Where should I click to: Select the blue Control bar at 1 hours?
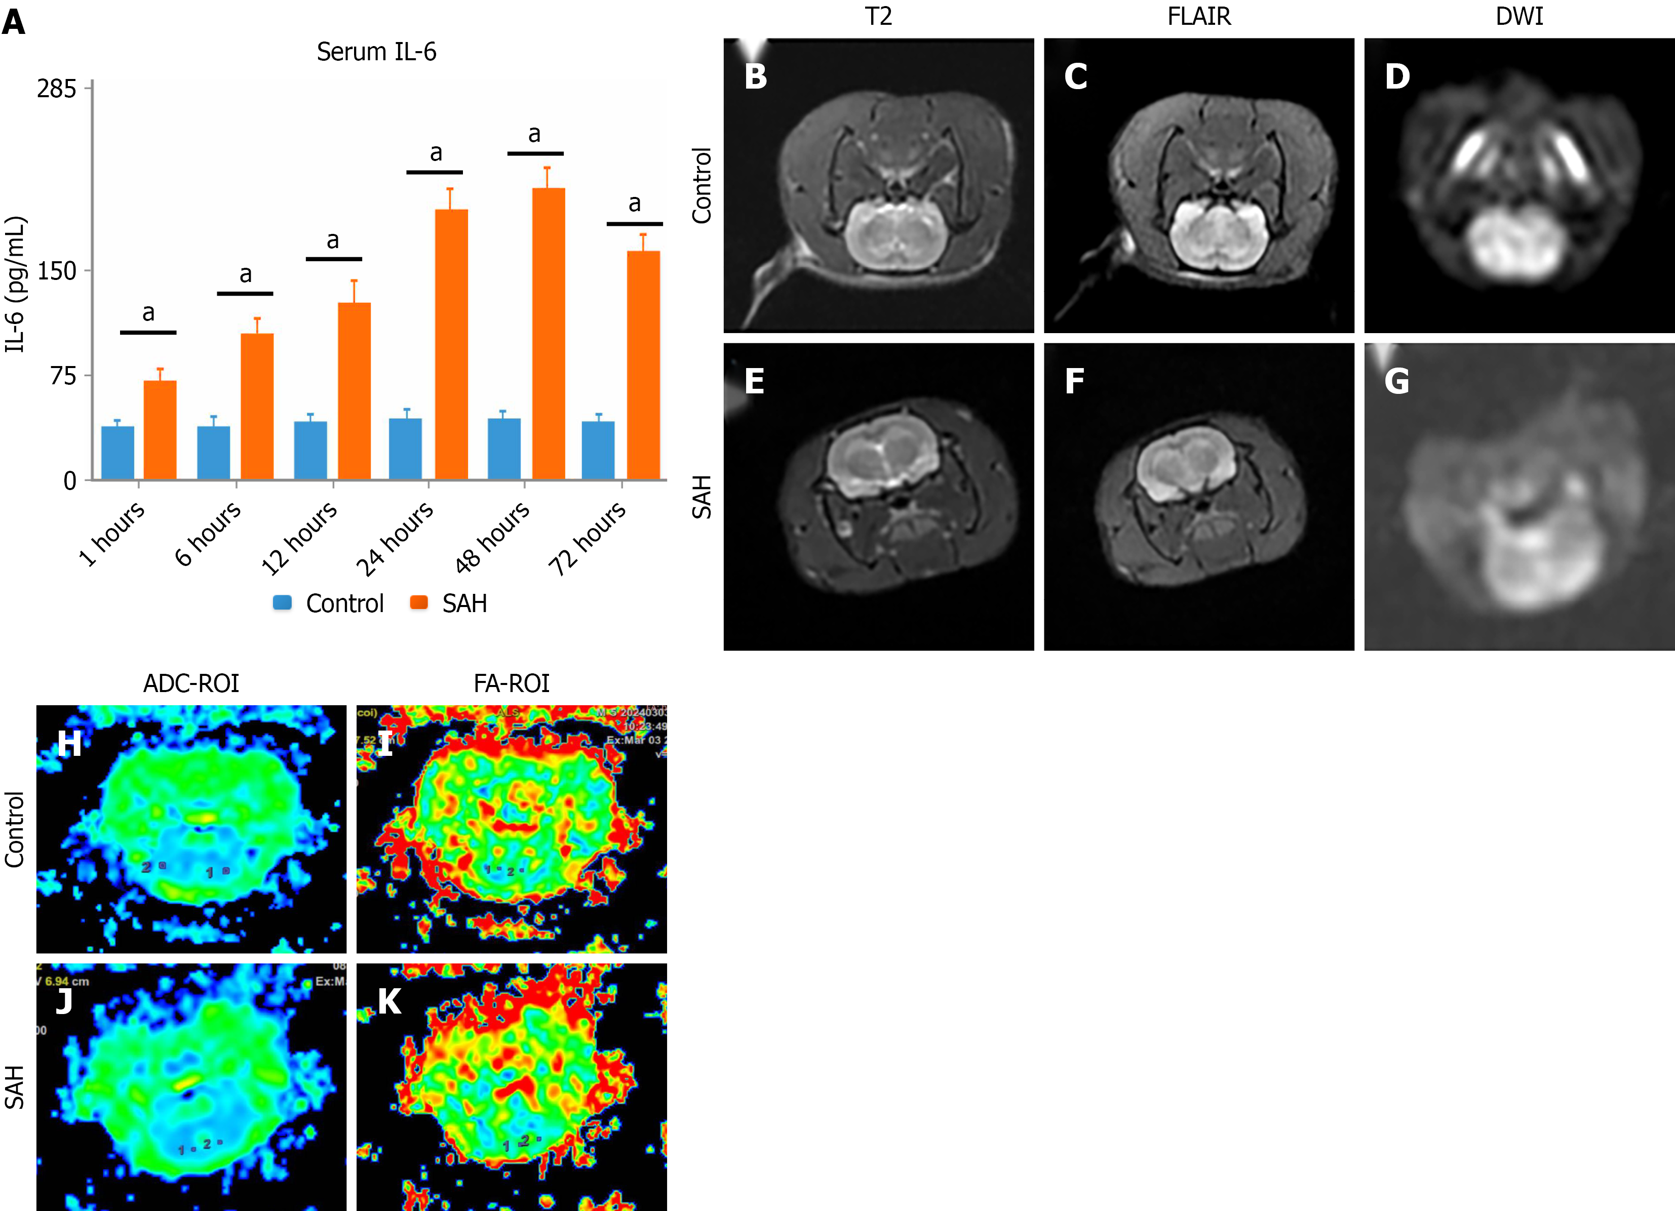[118, 453]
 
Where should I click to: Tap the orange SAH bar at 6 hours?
[257, 406]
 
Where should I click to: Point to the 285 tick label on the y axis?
[57, 89]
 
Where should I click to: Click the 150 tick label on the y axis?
[57, 271]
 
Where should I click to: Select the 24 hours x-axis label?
[395, 538]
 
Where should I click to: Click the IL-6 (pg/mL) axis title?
[16, 285]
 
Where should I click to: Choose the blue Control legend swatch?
[282, 602]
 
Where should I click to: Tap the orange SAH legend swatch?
[419, 602]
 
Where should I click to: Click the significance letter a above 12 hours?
[333, 240]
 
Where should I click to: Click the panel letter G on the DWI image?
[1396, 382]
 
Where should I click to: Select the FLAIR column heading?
[1199, 16]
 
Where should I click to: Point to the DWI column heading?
[1519, 16]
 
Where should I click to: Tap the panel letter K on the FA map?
[389, 1002]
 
